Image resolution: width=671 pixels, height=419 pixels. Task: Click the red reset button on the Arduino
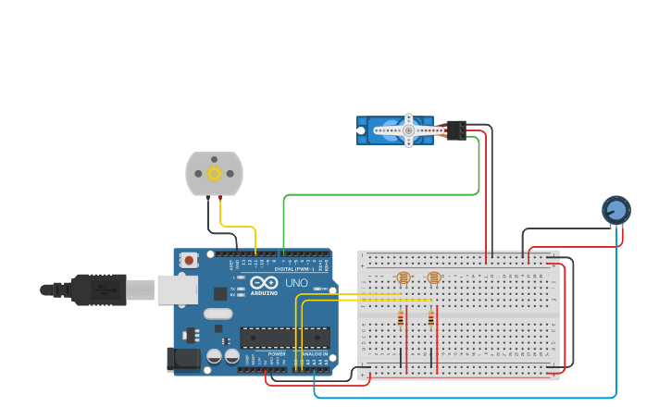189,260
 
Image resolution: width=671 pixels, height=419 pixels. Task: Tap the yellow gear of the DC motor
214,173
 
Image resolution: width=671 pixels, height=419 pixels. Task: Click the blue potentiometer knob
615,210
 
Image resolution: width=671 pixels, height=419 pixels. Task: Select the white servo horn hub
408,130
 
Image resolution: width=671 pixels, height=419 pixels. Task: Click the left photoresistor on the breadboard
404,277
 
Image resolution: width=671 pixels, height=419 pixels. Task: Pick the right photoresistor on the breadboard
433,277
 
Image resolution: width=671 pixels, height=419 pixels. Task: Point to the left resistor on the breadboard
401,318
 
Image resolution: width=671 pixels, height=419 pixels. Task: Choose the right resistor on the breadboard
430,318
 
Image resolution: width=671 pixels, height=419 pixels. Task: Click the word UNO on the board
296,283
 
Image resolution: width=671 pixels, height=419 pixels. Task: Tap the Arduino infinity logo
264,283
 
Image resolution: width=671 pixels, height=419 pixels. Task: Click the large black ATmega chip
285,338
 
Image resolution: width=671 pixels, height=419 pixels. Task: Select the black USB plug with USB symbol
99,290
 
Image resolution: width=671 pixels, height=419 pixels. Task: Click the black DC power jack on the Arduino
181,359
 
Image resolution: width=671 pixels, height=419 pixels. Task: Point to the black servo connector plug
455,130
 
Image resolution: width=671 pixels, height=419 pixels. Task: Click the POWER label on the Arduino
277,353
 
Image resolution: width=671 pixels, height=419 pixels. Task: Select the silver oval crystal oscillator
217,314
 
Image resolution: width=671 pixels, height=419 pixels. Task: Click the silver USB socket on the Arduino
176,290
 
